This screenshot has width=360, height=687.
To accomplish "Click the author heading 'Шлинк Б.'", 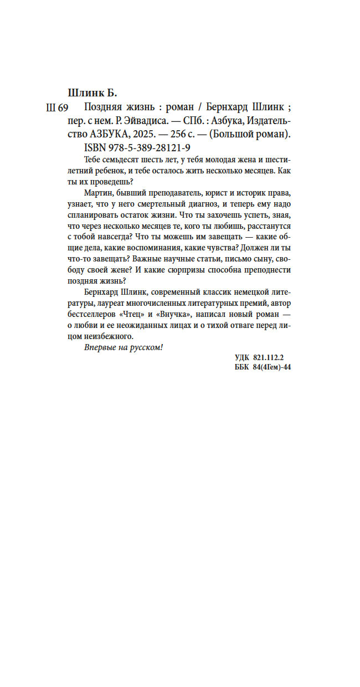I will [92, 92].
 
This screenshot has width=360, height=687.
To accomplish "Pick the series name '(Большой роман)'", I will [255, 135].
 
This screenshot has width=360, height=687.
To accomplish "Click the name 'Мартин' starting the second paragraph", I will [99, 192].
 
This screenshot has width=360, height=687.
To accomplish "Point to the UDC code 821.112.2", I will [274, 358].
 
